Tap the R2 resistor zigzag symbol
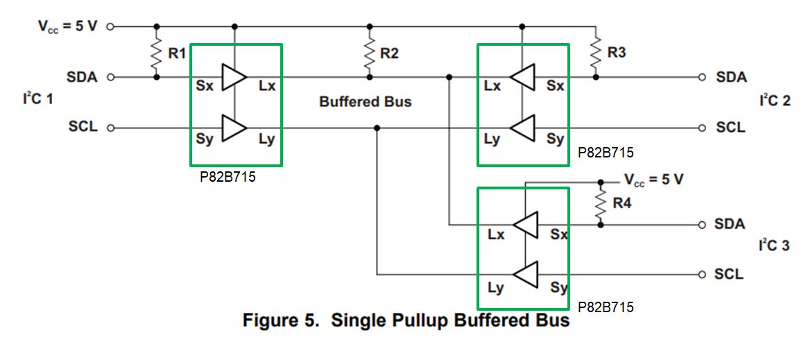click(x=369, y=53)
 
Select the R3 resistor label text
click(x=616, y=53)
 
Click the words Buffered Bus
click(x=365, y=102)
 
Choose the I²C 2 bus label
click(x=774, y=101)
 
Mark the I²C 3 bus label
click(x=774, y=246)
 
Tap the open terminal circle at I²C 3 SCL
click(x=701, y=275)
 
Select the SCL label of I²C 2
click(x=730, y=128)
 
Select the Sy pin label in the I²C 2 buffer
click(x=555, y=139)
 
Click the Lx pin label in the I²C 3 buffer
click(x=495, y=234)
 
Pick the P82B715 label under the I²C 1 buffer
click(x=228, y=177)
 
